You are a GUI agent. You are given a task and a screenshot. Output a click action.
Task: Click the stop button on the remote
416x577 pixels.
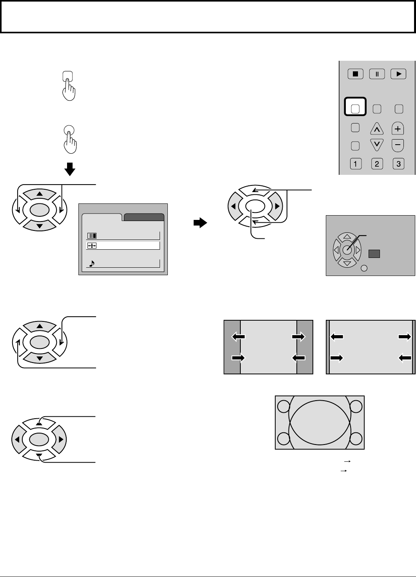coord(355,74)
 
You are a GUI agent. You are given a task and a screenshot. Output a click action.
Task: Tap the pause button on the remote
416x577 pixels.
coord(377,74)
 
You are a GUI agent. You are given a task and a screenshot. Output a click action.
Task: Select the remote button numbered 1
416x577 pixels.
coord(355,164)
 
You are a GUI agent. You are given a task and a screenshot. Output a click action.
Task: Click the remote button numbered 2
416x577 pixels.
coord(377,164)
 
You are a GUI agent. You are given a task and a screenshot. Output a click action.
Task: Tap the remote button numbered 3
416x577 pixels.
coord(398,164)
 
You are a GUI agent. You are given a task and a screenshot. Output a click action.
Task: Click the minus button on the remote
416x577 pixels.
coord(398,145)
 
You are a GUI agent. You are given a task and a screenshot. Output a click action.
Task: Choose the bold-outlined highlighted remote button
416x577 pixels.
coord(355,107)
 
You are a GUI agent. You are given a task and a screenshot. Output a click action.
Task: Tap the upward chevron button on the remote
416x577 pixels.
coord(377,128)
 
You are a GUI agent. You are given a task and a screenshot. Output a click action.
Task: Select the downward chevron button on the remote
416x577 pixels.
coord(377,145)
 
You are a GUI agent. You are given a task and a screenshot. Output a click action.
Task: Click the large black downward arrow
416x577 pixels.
coord(69,169)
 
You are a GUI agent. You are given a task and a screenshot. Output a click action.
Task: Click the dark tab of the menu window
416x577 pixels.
coord(144,218)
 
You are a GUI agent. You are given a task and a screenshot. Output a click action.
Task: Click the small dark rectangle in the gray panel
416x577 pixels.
coord(374,254)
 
